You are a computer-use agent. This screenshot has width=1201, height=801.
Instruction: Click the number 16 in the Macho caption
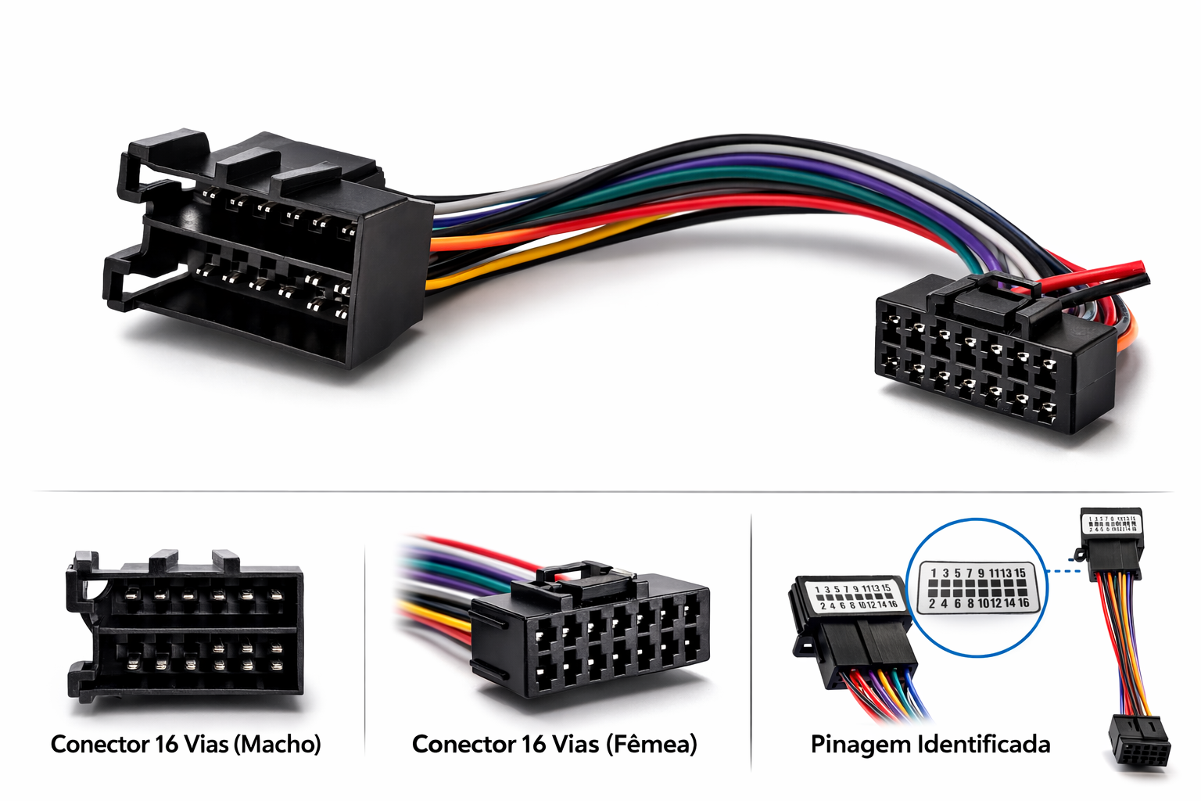[167, 744]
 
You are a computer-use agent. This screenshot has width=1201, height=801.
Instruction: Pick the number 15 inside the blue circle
[1020, 573]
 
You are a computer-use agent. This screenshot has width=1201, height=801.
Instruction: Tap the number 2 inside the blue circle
[932, 603]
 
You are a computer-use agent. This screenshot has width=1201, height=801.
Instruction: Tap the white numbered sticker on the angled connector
[855, 596]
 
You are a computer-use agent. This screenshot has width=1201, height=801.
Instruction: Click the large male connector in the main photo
[258, 250]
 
